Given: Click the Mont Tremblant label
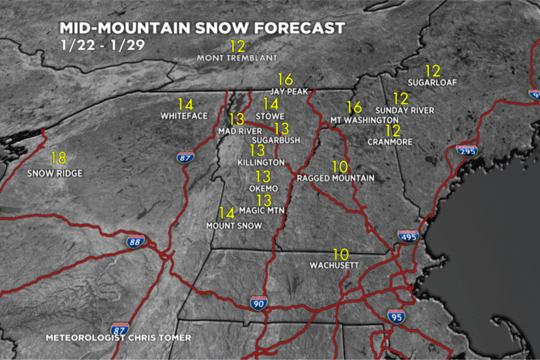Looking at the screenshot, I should (x=237, y=57).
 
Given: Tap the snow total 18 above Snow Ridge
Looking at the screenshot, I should (x=59, y=158).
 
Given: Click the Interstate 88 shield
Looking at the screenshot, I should (x=136, y=241).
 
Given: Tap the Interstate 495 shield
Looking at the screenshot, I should (x=408, y=236).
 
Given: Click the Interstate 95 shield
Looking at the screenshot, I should (x=396, y=316).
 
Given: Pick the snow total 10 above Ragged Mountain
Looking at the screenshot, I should (x=340, y=167).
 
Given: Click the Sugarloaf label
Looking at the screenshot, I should (x=432, y=82).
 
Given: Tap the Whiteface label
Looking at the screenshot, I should (x=184, y=115).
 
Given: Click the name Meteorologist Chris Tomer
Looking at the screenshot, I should (x=118, y=337).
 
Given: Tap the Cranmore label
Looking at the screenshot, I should (x=390, y=142).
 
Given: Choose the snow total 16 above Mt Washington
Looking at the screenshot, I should (x=354, y=108).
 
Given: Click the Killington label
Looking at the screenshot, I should (x=261, y=162).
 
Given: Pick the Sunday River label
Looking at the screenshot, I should (x=404, y=110).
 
